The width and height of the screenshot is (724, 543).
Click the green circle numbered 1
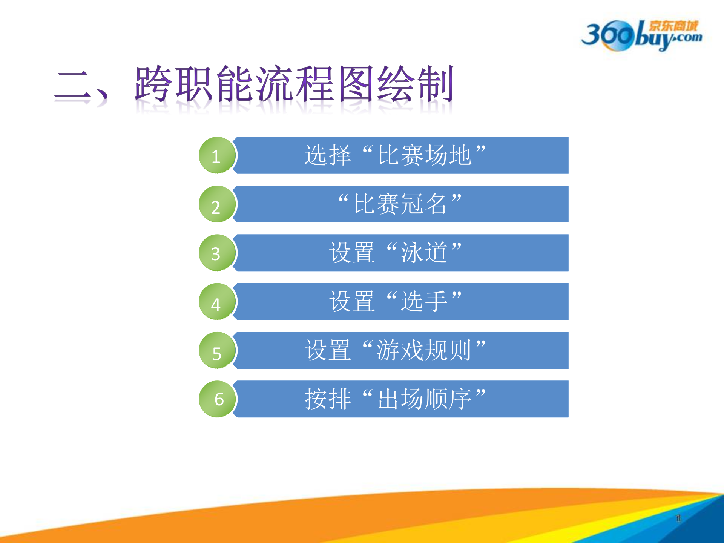(217, 155)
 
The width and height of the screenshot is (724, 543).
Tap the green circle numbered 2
(217, 204)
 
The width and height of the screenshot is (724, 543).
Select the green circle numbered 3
(217, 253)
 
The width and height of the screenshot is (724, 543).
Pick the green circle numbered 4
(217, 302)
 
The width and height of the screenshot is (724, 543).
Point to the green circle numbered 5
(217, 350)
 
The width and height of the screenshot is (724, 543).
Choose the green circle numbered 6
(217, 399)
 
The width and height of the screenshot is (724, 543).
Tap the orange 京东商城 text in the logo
(673, 26)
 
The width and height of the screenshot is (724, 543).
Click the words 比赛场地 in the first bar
(425, 155)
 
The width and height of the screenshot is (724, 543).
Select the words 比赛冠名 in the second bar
(400, 204)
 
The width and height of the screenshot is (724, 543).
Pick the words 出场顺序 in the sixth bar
(425, 399)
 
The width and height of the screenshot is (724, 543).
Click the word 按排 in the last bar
(328, 399)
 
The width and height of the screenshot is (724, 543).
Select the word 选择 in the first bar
(328, 155)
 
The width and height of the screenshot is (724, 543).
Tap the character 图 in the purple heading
(356, 84)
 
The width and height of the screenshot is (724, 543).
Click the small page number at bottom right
(678, 518)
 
